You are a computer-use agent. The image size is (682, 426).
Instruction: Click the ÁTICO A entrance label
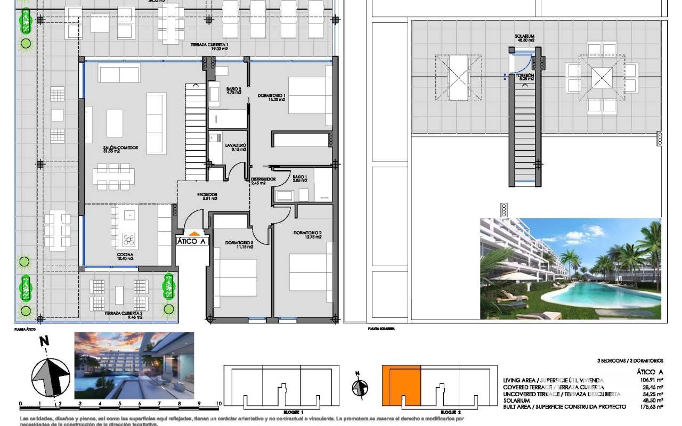pyautogui.click(x=192, y=241)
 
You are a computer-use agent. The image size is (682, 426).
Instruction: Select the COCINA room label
pyautogui.click(x=125, y=255)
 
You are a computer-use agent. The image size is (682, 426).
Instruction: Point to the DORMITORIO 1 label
pyautogui.click(x=272, y=96)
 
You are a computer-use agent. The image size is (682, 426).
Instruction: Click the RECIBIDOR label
pyautogui.click(x=207, y=195)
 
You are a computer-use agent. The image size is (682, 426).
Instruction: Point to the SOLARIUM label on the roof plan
pyautogui.click(x=524, y=37)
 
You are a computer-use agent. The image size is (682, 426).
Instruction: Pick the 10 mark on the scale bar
pyautogui.click(x=218, y=404)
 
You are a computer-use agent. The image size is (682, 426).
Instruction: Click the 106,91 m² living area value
pyautogui.click(x=652, y=380)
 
